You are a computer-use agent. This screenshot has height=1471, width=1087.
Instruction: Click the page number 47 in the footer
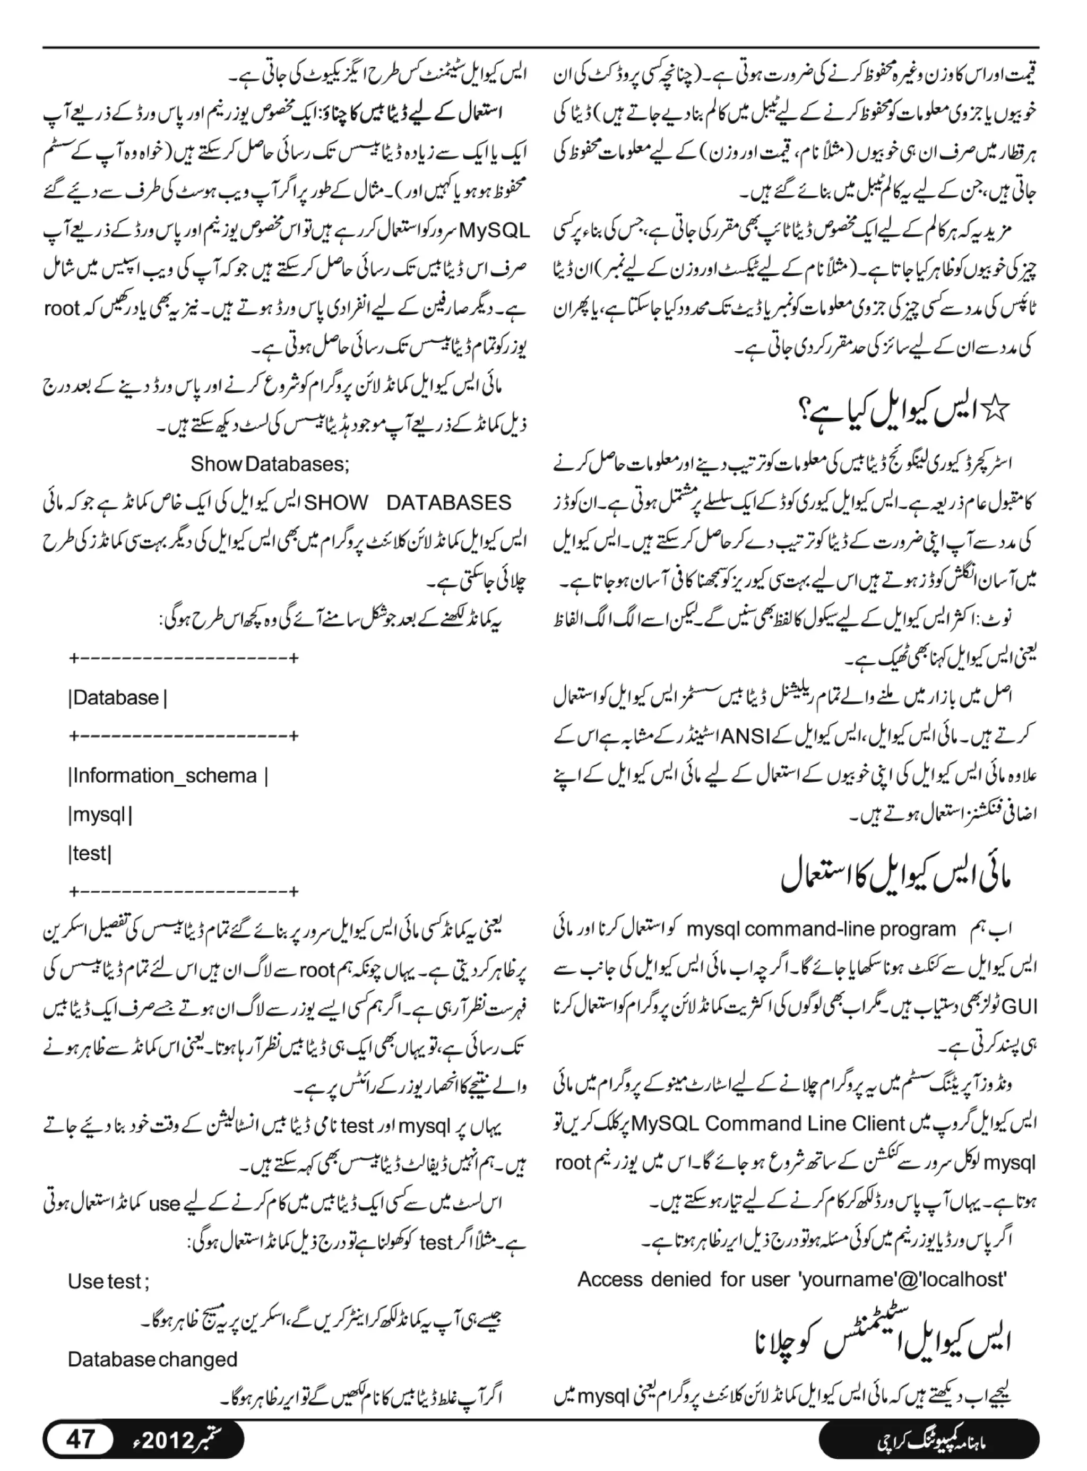tap(80, 1439)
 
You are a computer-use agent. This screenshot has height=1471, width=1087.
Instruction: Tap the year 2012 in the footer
tap(167, 1439)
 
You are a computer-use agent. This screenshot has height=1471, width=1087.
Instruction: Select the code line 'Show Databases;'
tap(270, 464)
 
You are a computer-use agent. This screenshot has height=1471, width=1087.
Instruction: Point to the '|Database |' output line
tap(118, 698)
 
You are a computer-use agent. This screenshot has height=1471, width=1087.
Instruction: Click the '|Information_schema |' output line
tap(168, 776)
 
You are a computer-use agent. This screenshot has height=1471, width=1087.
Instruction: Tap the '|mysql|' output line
tap(100, 815)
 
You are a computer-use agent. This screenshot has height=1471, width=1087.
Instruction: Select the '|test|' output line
tap(90, 854)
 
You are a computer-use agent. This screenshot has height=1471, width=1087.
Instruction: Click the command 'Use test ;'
tap(109, 1282)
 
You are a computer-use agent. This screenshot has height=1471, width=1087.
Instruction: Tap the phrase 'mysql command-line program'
tap(821, 930)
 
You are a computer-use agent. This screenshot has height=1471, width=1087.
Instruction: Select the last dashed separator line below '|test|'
tap(184, 893)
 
